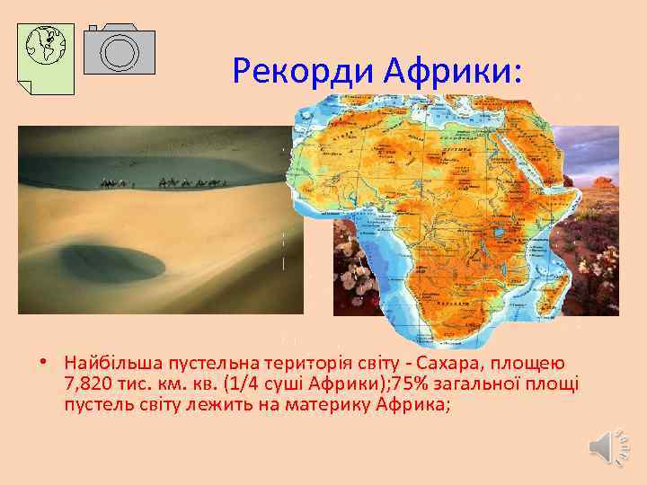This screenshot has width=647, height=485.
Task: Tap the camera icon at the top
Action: coord(120,48)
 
